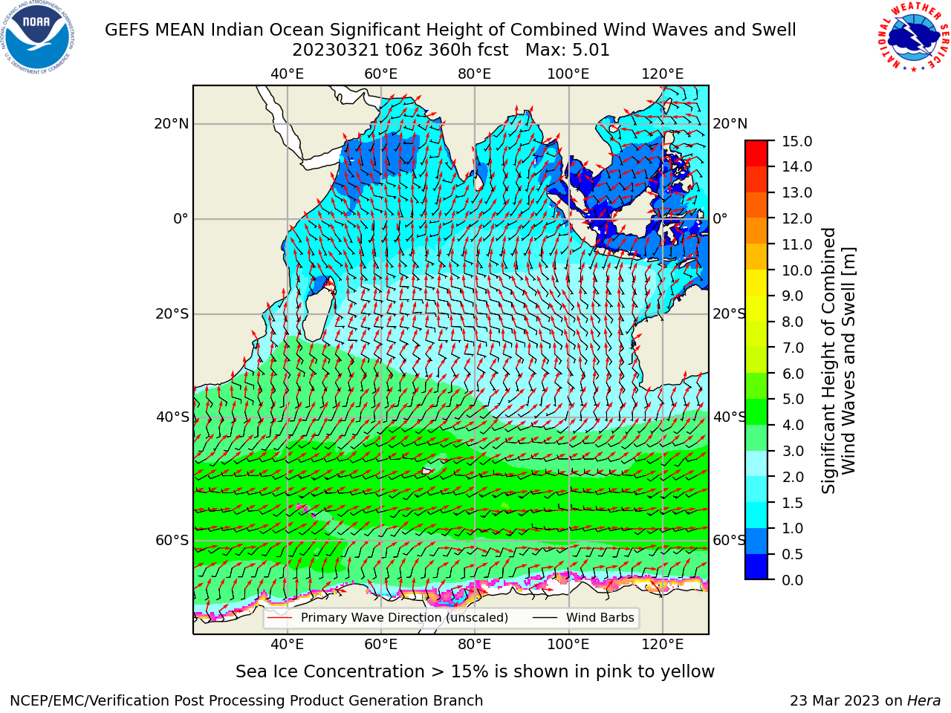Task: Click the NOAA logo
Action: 38,37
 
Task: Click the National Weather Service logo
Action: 912,37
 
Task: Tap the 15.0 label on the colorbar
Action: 796,141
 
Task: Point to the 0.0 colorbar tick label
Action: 792,580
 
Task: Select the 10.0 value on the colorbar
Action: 796,270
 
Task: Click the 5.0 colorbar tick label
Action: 792,399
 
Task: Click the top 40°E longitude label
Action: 287,74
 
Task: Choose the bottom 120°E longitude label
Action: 663,645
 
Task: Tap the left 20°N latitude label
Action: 172,124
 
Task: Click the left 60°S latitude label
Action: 172,541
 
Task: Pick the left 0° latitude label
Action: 181,218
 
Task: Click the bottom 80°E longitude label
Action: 475,645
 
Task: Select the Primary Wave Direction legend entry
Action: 388,618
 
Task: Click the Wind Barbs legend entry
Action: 583,618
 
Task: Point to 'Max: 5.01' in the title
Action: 568,51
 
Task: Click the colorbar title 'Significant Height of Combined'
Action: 828,361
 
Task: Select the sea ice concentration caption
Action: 475,672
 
